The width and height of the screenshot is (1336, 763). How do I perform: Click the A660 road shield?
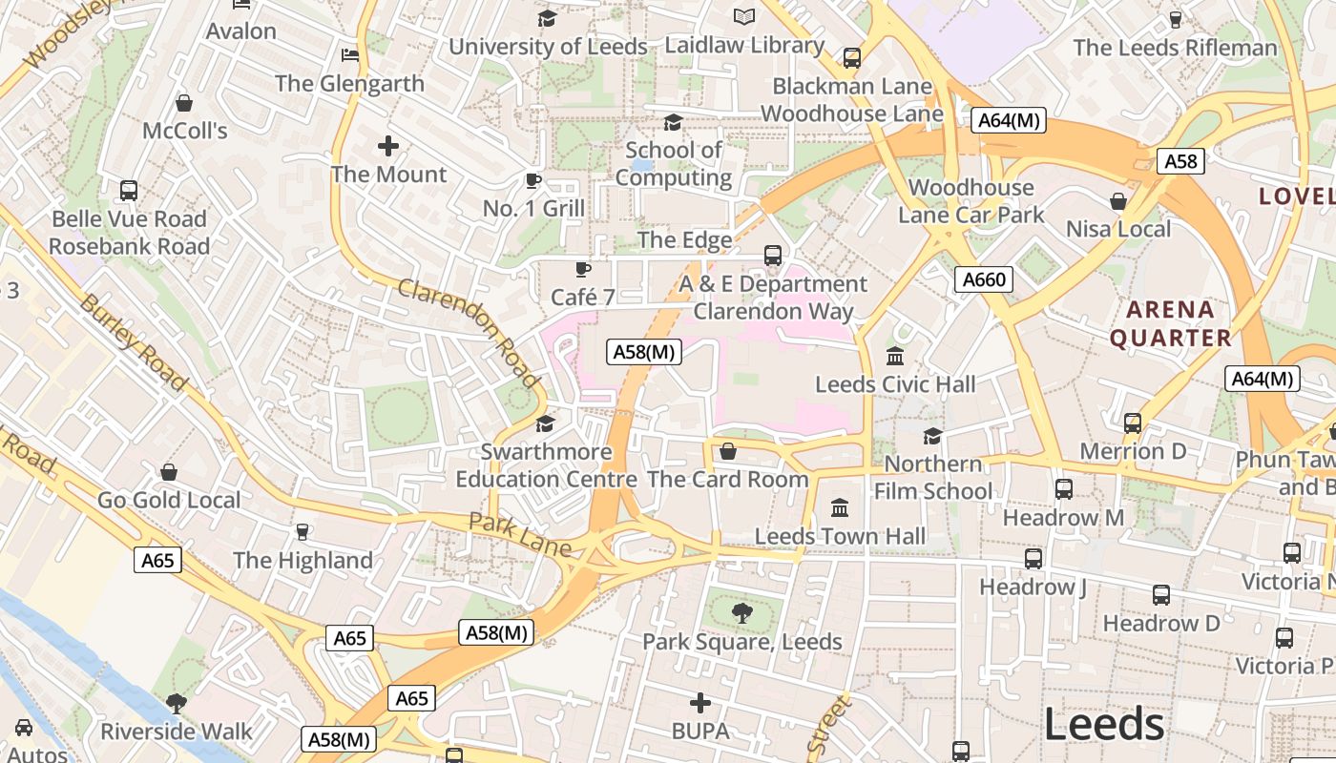983,279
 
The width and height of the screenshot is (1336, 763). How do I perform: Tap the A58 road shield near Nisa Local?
1180,161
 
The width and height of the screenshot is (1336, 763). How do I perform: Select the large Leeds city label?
1104,725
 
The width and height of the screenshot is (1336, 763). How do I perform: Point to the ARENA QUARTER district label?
1170,323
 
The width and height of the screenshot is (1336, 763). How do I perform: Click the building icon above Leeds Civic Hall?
895,357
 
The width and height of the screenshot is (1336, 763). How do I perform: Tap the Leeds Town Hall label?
840,536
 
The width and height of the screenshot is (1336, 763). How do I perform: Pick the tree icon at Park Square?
741,612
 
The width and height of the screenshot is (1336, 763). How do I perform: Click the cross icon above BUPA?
700,704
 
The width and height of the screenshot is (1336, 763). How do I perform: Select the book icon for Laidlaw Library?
744,16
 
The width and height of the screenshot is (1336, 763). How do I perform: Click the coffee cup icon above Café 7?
583,270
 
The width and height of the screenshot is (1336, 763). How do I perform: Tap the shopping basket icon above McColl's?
184,103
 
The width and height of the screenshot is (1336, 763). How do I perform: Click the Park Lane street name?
519,535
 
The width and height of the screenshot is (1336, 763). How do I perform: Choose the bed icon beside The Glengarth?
350,54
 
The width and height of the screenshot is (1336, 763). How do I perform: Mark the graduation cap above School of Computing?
673,122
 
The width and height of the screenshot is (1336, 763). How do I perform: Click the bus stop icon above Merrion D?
1133,423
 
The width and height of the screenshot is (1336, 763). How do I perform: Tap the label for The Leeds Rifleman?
1174,48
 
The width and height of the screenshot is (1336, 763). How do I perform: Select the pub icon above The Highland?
303,531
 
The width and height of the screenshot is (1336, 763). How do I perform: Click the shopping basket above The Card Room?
728,451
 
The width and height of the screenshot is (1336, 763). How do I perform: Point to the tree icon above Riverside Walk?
176,704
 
